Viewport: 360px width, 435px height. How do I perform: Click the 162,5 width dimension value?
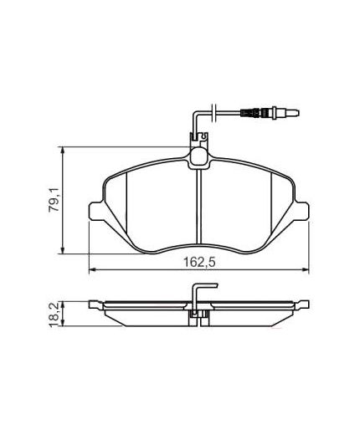tap(196, 262)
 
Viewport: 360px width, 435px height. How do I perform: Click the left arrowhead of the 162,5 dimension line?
tap(93, 269)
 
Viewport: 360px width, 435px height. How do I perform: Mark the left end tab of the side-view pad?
tap(95, 304)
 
